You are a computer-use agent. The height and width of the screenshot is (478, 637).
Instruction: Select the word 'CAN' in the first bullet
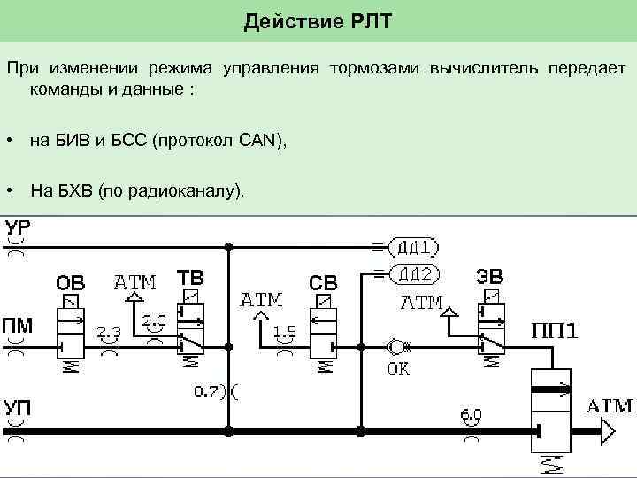pyautogui.click(x=261, y=142)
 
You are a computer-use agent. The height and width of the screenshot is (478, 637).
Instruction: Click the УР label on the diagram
pyautogui.click(x=18, y=228)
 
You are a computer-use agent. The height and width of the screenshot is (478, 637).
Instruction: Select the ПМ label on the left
pyautogui.click(x=17, y=326)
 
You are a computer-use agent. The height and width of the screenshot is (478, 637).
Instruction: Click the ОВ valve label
pyautogui.click(x=71, y=283)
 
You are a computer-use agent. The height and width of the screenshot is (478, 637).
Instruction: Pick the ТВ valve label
pyautogui.click(x=189, y=278)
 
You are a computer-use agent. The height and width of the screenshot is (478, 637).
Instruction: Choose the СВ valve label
pyautogui.click(x=322, y=283)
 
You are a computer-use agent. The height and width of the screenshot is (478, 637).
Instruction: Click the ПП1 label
pyautogui.click(x=554, y=332)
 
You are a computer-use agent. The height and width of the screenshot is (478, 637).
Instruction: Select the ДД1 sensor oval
pyautogui.click(x=411, y=247)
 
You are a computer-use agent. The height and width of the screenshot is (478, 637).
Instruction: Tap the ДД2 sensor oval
pyautogui.click(x=411, y=274)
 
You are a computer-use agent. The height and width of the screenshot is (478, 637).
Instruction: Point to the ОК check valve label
pyautogui.click(x=398, y=368)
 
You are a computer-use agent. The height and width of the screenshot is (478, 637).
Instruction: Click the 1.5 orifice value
pyautogui.click(x=285, y=332)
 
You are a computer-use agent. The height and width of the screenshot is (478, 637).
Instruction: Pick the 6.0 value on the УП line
pyautogui.click(x=471, y=413)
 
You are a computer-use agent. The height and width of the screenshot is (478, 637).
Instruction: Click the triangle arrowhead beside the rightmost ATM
pyautogui.click(x=606, y=431)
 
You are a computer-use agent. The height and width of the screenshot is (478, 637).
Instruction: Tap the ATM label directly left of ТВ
pyautogui.click(x=134, y=282)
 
